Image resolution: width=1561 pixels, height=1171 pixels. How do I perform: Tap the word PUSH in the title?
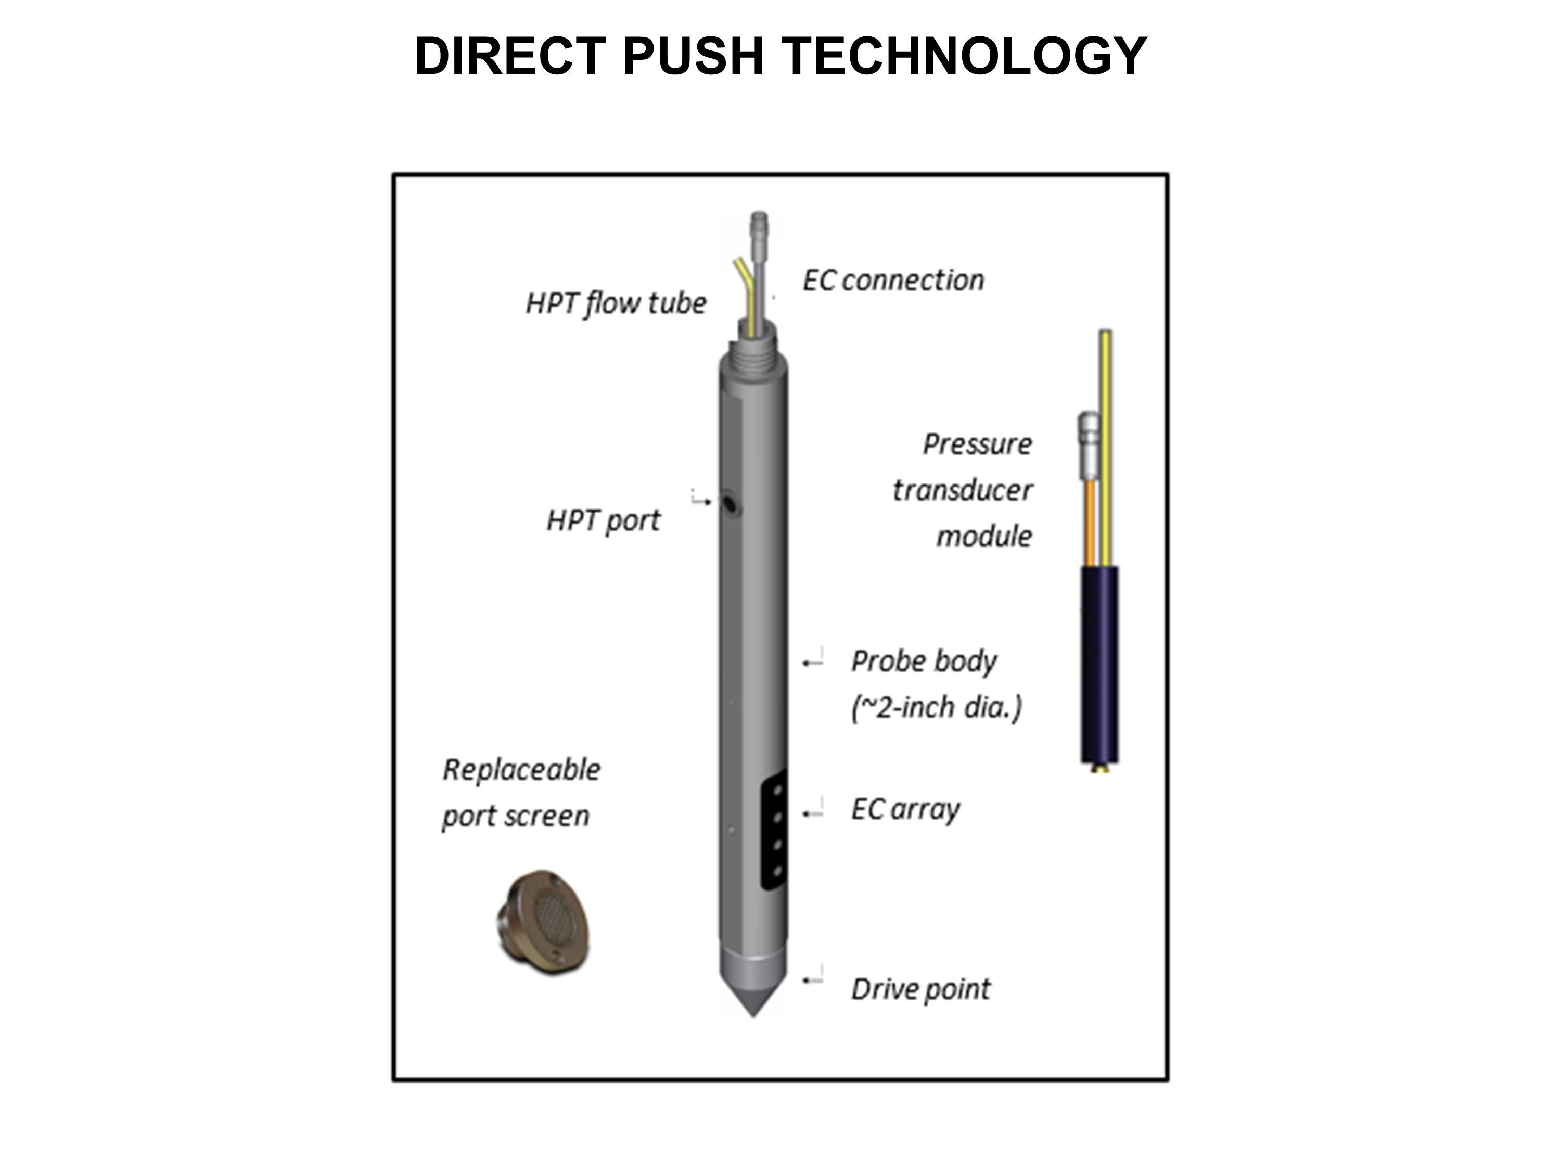693,56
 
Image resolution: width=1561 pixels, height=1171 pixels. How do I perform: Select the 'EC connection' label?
893,280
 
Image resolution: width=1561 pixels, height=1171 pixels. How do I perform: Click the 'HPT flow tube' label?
616,303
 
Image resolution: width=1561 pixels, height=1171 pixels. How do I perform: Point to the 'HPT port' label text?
604,521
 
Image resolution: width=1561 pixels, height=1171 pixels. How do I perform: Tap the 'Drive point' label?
921,989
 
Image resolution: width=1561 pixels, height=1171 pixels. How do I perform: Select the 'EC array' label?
905,810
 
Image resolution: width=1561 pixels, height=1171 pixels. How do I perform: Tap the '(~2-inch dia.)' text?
937,708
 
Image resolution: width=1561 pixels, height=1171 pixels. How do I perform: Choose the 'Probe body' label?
924,662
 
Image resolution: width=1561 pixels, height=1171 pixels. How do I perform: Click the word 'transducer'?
963,490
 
